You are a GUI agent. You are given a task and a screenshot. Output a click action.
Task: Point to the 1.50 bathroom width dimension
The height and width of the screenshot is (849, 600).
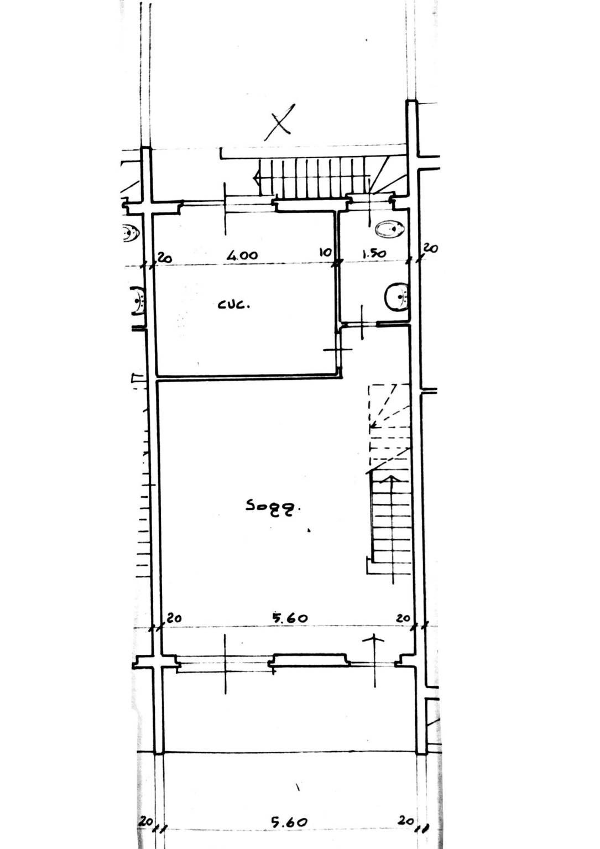coord(374,253)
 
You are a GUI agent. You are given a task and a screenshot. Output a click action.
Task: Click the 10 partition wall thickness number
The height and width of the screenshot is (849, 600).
coord(325,252)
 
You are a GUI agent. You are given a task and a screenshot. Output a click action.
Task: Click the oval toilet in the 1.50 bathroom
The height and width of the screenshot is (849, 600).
coord(390,229)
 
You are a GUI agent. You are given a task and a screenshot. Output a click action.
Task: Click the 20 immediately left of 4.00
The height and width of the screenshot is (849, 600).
coord(165,258)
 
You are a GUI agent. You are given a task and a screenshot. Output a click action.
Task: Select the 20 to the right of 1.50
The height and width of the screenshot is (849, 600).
coord(430,248)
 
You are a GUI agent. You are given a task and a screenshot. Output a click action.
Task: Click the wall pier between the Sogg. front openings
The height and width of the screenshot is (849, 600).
coord(309,660)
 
